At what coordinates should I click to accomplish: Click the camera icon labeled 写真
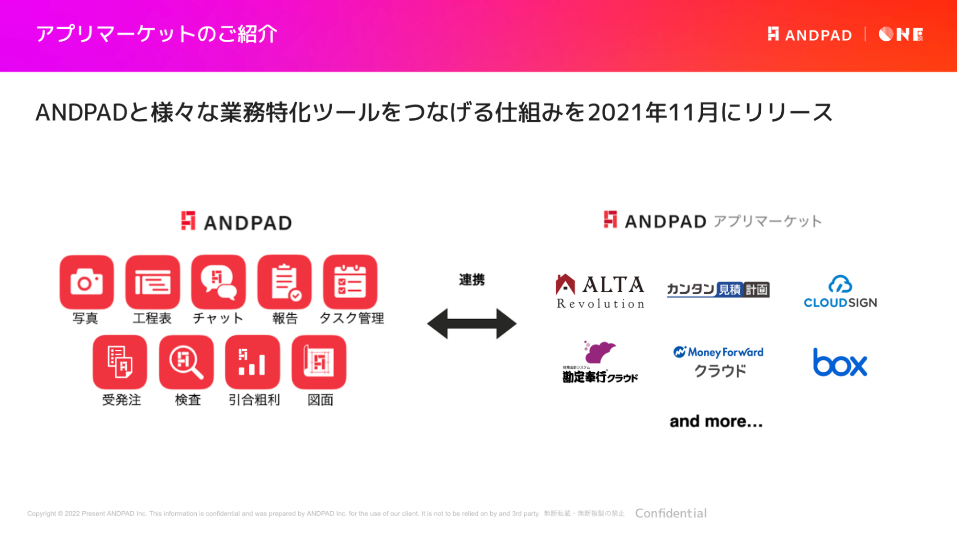click(x=87, y=282)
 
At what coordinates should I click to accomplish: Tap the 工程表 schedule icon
click(x=153, y=282)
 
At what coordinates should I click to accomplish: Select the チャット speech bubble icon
click(x=218, y=282)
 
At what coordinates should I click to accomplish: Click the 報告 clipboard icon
click(x=284, y=282)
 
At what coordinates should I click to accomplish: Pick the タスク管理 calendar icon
click(x=350, y=282)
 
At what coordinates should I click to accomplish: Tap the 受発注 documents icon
click(x=120, y=362)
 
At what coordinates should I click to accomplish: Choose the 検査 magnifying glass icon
click(x=186, y=362)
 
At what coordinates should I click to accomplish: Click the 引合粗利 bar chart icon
click(x=252, y=362)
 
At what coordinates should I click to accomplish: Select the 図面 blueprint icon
click(x=319, y=362)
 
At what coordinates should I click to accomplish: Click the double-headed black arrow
click(x=472, y=324)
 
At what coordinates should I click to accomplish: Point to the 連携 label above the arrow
click(x=472, y=279)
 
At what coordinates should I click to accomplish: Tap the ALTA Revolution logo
click(x=600, y=291)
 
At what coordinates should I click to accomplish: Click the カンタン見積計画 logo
click(x=718, y=289)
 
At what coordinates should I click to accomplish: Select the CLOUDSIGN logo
click(x=840, y=292)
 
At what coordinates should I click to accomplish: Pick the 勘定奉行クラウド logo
click(x=600, y=362)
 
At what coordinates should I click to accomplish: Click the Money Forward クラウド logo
click(x=719, y=362)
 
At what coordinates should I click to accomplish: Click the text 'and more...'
click(x=716, y=421)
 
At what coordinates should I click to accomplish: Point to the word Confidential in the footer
click(x=671, y=513)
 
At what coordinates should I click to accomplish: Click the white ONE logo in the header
click(x=901, y=34)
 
